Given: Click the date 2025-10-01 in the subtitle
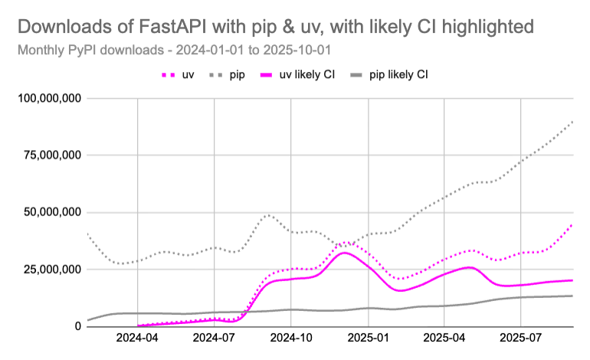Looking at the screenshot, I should click(302, 51).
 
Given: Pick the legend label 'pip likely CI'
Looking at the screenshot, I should click(398, 75).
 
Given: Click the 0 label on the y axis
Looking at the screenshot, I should click(77, 326).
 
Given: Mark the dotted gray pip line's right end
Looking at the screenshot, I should click(572, 121).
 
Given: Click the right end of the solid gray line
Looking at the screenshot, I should click(572, 296).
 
